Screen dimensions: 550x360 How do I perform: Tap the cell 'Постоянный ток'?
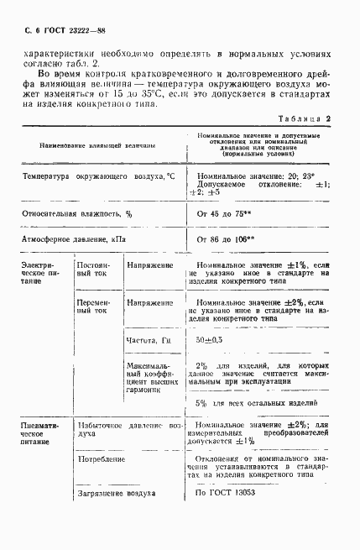[x=93, y=270]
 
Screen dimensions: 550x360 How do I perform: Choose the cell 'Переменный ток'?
[x=93, y=306]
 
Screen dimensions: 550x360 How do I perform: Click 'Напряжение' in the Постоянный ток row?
[x=150, y=265]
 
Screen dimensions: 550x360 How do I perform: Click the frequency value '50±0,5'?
[x=211, y=340]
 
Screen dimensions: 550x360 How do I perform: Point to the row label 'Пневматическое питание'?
[x=43, y=437]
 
